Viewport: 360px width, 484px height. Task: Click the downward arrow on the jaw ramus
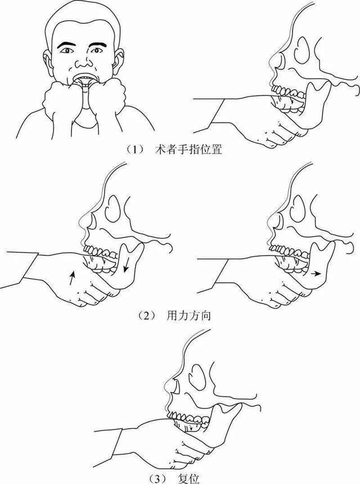click(127, 264)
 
